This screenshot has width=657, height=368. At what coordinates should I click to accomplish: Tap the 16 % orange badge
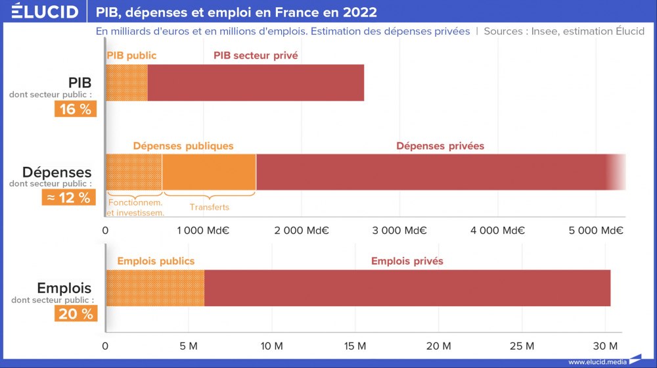click(x=76, y=109)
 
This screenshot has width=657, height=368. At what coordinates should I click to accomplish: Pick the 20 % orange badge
click(x=76, y=313)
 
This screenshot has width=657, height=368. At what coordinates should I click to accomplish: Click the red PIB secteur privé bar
click(x=256, y=83)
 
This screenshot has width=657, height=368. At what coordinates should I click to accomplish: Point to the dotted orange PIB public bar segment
click(x=127, y=83)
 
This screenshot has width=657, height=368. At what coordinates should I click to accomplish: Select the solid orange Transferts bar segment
click(x=209, y=172)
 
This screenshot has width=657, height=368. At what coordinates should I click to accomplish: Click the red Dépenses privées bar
click(x=434, y=172)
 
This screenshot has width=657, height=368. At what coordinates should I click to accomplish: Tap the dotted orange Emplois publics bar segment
click(x=155, y=288)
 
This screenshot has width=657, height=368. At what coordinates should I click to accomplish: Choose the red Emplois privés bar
click(x=407, y=288)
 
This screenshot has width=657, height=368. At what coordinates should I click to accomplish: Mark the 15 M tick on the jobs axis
click(x=355, y=346)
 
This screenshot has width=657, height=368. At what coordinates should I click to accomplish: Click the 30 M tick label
click(x=605, y=346)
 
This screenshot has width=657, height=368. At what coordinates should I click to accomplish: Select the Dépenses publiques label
click(x=183, y=146)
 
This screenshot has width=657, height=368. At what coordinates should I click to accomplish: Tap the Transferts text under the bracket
click(x=210, y=208)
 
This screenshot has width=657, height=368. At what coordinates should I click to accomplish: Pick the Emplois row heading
click(x=64, y=288)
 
